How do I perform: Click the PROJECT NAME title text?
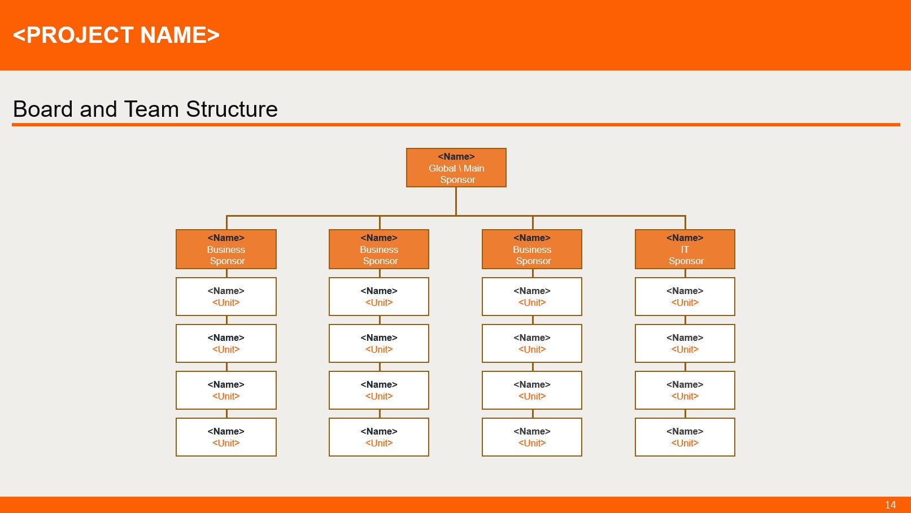(116, 35)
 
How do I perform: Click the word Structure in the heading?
(232, 109)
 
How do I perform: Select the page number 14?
(890, 505)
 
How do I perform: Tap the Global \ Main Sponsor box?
(456, 168)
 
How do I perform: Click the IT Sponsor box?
(685, 249)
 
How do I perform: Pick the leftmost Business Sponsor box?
(226, 249)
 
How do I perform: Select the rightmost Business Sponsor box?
(531, 249)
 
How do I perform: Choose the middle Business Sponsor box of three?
(378, 249)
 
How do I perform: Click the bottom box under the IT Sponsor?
(685, 437)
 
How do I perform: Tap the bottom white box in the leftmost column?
(226, 437)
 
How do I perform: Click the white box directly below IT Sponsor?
(685, 296)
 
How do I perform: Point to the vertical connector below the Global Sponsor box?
(456, 200)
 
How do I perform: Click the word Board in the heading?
(44, 109)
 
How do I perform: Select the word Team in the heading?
(151, 109)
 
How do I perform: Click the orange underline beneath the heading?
(456, 125)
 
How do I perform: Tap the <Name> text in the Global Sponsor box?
(456, 156)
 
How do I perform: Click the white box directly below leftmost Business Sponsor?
(226, 296)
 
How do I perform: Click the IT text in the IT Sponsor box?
(685, 249)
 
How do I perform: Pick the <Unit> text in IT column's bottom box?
(685, 443)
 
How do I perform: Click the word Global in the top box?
(442, 168)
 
